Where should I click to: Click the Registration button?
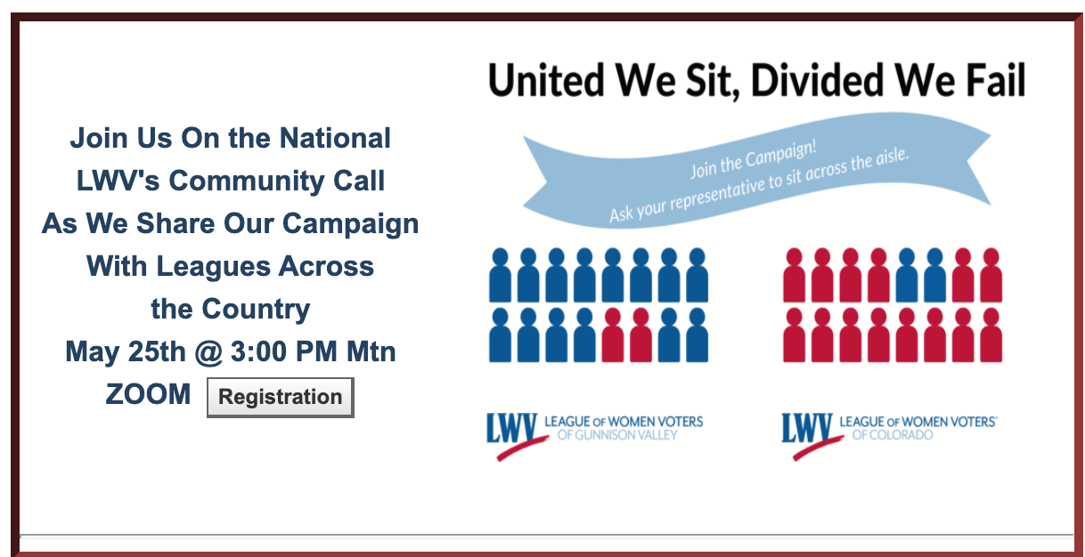281,398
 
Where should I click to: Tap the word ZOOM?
148,394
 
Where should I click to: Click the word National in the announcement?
335,138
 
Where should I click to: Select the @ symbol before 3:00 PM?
208,351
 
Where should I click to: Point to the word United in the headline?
546,80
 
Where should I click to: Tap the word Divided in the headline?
818,80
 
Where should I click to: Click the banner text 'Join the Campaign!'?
754,158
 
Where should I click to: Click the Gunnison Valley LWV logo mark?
517,435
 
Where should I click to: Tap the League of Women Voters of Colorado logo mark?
812,435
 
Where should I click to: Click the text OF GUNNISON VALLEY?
617,435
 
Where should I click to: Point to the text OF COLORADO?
893,435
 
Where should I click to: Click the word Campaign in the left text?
350,224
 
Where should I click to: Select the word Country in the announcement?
256,310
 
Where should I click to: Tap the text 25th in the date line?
157,351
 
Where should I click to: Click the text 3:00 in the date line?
258,351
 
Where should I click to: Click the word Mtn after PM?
371,351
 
